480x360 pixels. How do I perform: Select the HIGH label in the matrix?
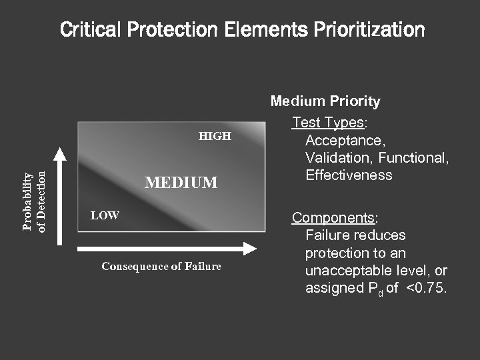[215, 136]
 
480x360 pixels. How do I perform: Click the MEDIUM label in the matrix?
[181, 182]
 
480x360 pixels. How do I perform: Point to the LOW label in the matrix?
[105, 215]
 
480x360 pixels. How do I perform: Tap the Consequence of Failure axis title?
[161, 267]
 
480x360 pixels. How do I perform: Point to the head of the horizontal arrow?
[250, 249]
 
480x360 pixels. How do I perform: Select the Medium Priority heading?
[325, 101]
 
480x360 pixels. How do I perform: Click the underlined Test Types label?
[327, 123]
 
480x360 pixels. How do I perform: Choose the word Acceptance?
[345, 141]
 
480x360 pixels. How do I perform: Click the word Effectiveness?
[349, 175]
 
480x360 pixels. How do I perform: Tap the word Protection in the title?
[167, 30]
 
